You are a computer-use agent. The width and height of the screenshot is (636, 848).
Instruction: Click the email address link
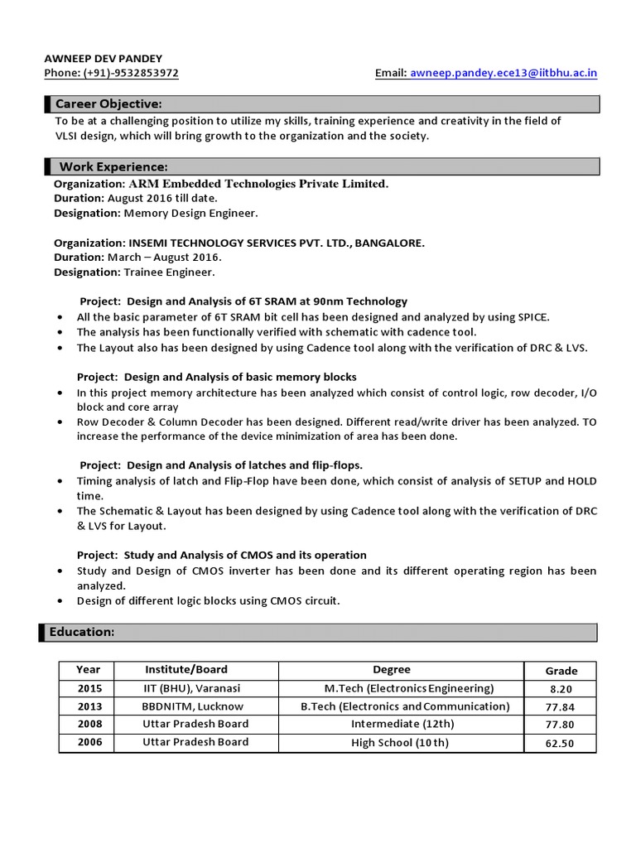tap(503, 73)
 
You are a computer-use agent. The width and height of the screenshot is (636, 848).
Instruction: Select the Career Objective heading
tap(108, 104)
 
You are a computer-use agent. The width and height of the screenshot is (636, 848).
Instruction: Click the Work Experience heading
tap(113, 167)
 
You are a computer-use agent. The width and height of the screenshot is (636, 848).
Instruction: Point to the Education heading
tap(82, 632)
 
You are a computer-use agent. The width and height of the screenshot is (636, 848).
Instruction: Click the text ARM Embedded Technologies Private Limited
tap(258, 183)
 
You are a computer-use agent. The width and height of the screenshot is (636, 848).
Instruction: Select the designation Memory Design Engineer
tap(190, 213)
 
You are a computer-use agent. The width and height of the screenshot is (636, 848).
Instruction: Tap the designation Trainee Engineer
tap(169, 272)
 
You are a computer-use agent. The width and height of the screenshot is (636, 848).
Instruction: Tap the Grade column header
tap(561, 671)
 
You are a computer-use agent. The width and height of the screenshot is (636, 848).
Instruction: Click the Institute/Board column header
tap(185, 669)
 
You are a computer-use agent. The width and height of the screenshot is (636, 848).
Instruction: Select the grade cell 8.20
tap(561, 689)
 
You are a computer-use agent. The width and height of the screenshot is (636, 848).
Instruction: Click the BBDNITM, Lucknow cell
tap(192, 706)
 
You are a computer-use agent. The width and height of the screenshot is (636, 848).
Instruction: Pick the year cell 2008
tap(90, 724)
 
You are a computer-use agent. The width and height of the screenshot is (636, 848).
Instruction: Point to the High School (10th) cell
tap(400, 742)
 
